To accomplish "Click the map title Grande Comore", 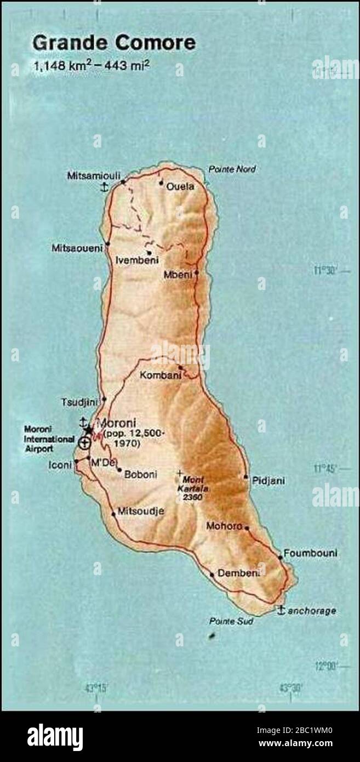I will tap(113, 43).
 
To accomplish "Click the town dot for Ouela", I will tap(161, 183).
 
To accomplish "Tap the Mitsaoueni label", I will tap(77, 248).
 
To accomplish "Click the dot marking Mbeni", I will tap(196, 272).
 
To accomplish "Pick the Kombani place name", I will tap(157, 376).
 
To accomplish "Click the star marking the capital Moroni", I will tap(89, 430).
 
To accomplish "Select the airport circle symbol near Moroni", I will tap(84, 443).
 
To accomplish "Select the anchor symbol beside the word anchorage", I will tap(281, 610).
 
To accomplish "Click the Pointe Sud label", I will tap(225, 621).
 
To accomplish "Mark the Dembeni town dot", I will tap(212, 575).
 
